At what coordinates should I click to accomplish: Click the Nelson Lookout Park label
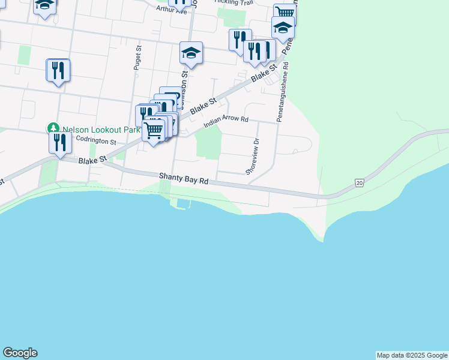(101, 130)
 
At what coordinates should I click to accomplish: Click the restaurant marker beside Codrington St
(59, 143)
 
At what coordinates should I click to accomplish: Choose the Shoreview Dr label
(252, 157)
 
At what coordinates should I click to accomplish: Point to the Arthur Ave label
(172, 10)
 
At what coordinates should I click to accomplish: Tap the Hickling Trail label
(234, 3)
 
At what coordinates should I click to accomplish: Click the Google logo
(20, 353)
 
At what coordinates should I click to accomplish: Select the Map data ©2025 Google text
(412, 355)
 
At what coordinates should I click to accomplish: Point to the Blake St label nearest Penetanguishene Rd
(264, 74)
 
